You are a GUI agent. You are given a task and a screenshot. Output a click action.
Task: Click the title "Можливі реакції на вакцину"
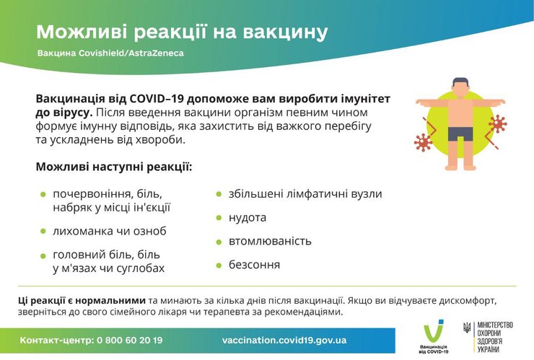pyautogui.click(x=182, y=32)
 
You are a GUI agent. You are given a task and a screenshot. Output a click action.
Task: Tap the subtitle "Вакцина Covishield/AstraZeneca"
pyautogui.click(x=111, y=54)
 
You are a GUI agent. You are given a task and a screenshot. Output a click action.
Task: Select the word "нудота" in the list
pyautogui.click(x=248, y=217)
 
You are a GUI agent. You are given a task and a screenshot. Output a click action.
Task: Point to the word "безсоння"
pyautogui.click(x=254, y=265)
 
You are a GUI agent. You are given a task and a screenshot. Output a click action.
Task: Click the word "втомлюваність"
pyautogui.click(x=270, y=241)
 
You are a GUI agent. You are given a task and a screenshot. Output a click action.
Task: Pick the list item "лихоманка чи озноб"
pyautogui.click(x=109, y=231)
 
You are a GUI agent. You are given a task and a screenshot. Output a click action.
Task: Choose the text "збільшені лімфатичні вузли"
pyautogui.click(x=305, y=194)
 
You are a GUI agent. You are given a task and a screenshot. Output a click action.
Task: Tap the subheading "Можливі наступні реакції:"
pyautogui.click(x=113, y=167)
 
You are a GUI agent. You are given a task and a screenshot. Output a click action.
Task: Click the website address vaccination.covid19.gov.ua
pyautogui.click(x=284, y=340)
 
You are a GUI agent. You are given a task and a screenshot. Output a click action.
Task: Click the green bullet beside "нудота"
pyautogui.click(x=219, y=218)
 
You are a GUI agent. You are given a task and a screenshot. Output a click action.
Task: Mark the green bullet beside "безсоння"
pyautogui.click(x=219, y=265)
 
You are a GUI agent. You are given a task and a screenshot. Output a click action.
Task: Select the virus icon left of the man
pyautogui.click(x=423, y=141)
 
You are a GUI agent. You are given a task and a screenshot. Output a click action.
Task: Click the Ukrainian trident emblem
pyautogui.click(x=466, y=328)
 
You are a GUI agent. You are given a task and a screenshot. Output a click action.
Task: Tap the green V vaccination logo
pyautogui.click(x=433, y=330)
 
